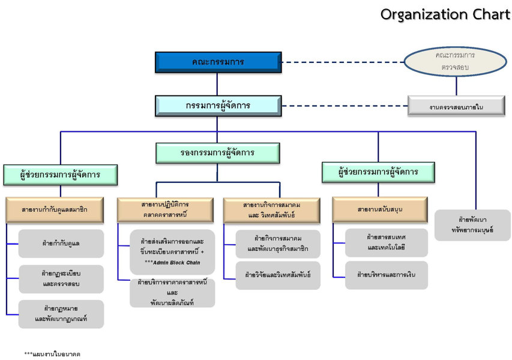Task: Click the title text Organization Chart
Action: click(445, 14)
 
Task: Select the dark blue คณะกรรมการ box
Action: click(218, 62)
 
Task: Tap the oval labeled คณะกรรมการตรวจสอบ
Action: click(455, 61)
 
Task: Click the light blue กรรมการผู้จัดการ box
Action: click(218, 106)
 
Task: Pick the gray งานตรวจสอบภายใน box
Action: click(456, 107)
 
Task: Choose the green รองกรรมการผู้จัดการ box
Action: click(217, 153)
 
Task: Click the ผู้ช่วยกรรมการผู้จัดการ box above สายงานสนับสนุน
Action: click(378, 172)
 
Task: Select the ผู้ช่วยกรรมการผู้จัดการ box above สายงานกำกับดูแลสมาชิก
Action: click(60, 175)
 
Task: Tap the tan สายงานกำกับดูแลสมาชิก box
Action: click(55, 210)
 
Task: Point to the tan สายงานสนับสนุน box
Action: click(379, 210)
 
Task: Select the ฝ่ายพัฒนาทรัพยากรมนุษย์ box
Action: click(472, 225)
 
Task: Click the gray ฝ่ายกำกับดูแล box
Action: click(61, 244)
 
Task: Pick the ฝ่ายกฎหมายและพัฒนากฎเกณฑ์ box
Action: click(61, 314)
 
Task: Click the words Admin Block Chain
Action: click(175, 263)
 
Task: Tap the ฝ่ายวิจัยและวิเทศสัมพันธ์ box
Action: click(277, 275)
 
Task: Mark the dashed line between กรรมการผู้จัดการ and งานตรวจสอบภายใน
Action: click(344, 106)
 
